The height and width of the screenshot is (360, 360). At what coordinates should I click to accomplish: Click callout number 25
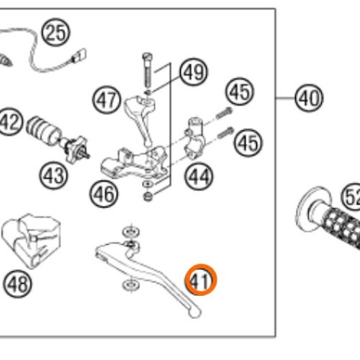click(55, 32)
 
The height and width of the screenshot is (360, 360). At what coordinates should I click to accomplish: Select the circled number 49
click(194, 72)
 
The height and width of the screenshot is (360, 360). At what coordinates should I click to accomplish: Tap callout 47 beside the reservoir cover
click(107, 100)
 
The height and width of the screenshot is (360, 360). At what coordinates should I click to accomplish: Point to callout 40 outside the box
click(309, 98)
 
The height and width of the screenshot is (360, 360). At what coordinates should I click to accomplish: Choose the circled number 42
click(10, 122)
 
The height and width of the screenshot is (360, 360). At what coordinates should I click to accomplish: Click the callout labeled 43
click(53, 176)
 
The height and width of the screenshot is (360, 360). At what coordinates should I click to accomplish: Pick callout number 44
click(199, 176)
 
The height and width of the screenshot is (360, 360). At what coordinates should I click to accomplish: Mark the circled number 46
click(104, 194)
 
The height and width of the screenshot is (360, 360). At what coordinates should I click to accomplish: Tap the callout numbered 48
click(17, 284)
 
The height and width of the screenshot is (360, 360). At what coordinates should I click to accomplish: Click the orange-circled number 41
click(201, 280)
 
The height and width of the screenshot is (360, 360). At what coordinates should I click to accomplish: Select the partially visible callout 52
click(351, 197)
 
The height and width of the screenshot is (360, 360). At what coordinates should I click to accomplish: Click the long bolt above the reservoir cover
click(147, 71)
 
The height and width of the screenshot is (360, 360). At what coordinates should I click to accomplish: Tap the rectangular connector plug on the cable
click(79, 55)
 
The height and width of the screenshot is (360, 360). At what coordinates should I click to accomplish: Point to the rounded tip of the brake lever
click(195, 312)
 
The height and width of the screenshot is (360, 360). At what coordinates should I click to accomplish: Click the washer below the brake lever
click(131, 285)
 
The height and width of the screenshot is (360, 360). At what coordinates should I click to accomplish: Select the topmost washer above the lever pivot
click(131, 232)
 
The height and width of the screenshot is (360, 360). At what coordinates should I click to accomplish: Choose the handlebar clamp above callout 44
click(194, 138)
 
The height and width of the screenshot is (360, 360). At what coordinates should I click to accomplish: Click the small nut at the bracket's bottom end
click(148, 197)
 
